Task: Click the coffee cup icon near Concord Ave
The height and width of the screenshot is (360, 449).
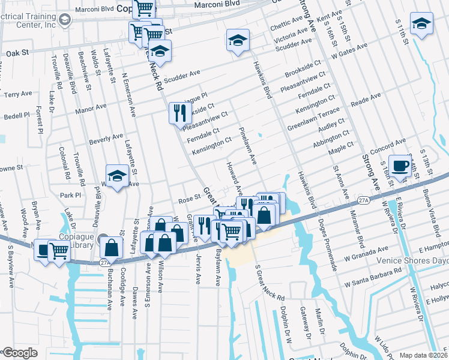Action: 399,166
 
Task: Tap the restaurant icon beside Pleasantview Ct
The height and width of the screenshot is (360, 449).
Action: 179,112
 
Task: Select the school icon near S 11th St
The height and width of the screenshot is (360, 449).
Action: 422,23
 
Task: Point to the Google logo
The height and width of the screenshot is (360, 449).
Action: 19,353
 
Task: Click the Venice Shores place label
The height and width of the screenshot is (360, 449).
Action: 412,261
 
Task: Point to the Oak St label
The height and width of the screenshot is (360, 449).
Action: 18,53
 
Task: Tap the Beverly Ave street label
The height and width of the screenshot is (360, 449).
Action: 106,139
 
